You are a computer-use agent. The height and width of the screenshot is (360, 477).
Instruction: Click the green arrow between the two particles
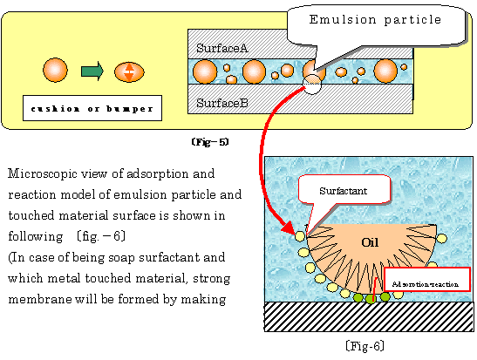click(x=92, y=71)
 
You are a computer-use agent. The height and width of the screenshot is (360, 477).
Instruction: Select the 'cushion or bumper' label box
click(x=92, y=108)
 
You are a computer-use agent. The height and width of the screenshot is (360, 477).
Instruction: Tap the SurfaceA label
click(x=222, y=48)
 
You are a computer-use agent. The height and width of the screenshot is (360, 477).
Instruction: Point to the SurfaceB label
click(x=222, y=103)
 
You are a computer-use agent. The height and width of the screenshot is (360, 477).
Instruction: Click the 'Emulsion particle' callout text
click(x=375, y=20)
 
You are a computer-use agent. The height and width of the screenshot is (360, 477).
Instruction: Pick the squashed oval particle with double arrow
click(x=129, y=72)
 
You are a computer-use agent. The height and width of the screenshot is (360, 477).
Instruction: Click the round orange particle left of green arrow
click(x=55, y=70)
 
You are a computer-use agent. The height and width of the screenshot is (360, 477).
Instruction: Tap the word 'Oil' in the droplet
click(x=370, y=242)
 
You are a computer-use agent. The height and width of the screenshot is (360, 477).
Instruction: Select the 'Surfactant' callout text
click(x=344, y=191)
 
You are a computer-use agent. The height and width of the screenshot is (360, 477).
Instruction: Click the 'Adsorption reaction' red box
click(x=427, y=279)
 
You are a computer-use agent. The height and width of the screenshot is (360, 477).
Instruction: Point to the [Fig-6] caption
click(x=365, y=346)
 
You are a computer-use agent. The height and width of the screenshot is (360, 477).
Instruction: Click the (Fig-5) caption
click(x=210, y=142)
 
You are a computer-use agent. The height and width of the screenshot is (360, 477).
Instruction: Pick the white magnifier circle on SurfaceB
click(x=312, y=84)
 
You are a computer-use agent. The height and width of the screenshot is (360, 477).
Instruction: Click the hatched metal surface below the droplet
click(x=369, y=316)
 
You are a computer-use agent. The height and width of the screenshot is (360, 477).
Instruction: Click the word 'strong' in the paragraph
click(x=211, y=279)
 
